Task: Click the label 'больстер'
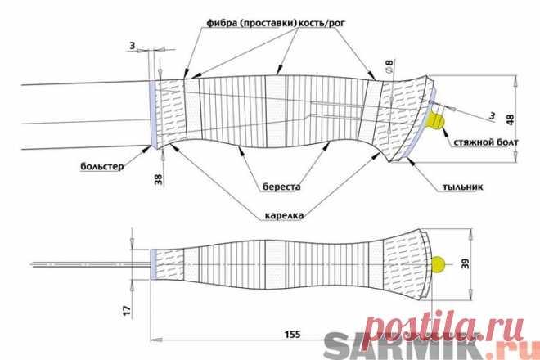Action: point(102,167)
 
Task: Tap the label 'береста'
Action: point(281,187)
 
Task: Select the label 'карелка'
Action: point(284,216)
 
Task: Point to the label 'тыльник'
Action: point(462,187)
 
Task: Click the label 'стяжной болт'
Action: point(486,142)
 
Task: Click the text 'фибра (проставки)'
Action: point(251,24)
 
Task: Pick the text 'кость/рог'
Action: point(321,24)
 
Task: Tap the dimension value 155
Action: point(292,334)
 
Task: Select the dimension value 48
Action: point(511,119)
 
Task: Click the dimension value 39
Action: point(465,264)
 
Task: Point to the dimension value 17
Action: point(128,310)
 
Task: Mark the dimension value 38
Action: point(159,179)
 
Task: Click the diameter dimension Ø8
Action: point(389,66)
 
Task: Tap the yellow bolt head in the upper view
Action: point(435,121)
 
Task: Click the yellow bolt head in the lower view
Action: point(438,264)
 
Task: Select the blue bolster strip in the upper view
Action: point(152,114)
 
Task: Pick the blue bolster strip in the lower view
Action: point(153,264)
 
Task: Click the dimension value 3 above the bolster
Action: point(133,46)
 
